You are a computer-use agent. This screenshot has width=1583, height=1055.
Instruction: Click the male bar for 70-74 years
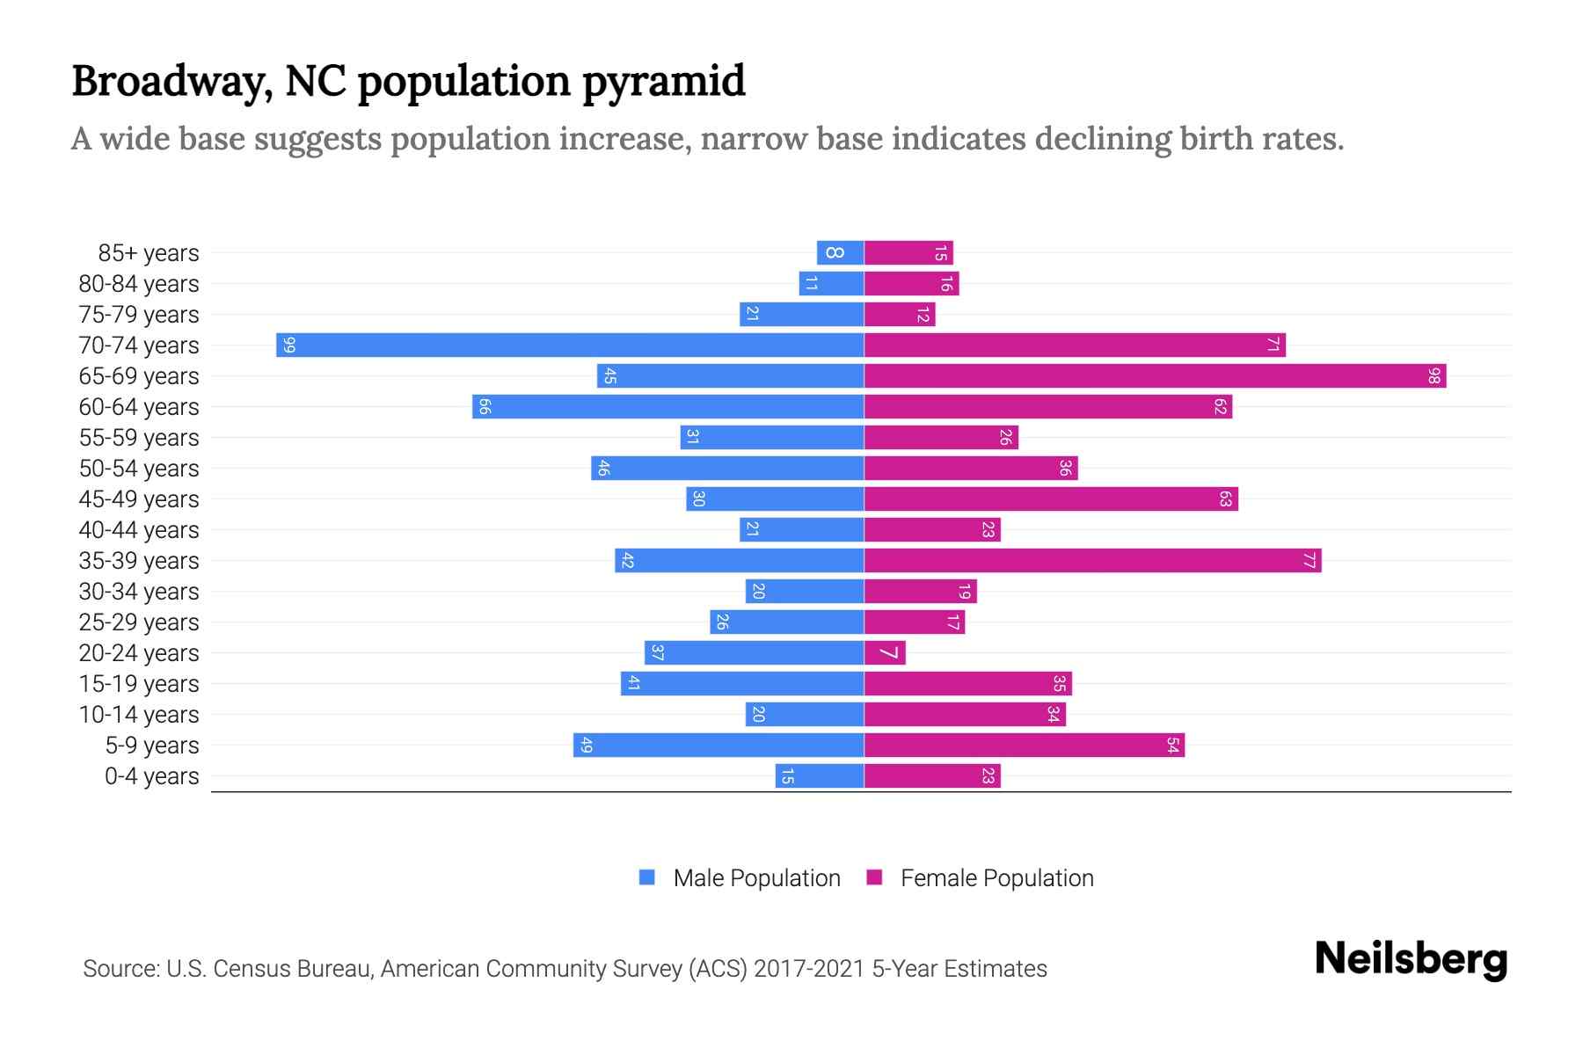click(570, 345)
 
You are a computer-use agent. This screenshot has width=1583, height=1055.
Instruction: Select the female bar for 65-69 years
click(1155, 375)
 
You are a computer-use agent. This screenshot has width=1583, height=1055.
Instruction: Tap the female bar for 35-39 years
click(1092, 560)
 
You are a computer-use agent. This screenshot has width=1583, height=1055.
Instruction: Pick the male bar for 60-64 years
click(668, 406)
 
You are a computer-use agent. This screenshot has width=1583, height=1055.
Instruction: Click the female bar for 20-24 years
click(885, 652)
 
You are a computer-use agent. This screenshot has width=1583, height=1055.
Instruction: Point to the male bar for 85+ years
click(840, 252)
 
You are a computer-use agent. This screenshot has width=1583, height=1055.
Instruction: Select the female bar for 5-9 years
click(1024, 745)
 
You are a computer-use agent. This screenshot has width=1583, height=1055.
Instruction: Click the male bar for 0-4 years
click(820, 775)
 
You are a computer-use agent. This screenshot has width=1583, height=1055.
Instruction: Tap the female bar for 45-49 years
click(1051, 498)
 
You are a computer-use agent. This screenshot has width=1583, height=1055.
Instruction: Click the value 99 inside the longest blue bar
click(289, 346)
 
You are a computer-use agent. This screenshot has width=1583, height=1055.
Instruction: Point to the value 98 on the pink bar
click(1434, 376)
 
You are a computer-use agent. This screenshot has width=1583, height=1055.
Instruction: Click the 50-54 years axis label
click(139, 469)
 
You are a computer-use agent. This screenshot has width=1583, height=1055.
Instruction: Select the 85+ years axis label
click(149, 253)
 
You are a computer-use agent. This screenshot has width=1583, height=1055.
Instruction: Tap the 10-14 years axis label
click(139, 715)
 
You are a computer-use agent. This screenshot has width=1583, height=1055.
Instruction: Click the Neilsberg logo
click(1411, 958)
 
